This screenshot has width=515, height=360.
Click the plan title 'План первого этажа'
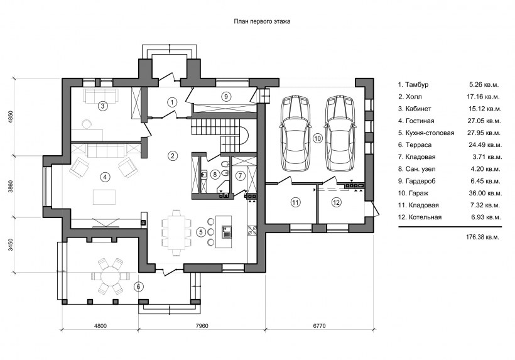tap(262, 21)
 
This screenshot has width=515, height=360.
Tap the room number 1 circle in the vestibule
tap(171, 101)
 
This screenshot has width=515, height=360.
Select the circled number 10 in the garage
tap(317, 137)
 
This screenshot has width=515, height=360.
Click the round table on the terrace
tap(111, 275)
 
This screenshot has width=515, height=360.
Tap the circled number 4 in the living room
tap(105, 176)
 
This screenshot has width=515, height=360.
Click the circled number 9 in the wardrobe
tap(227, 96)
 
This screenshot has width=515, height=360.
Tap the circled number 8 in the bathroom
tap(215, 174)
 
